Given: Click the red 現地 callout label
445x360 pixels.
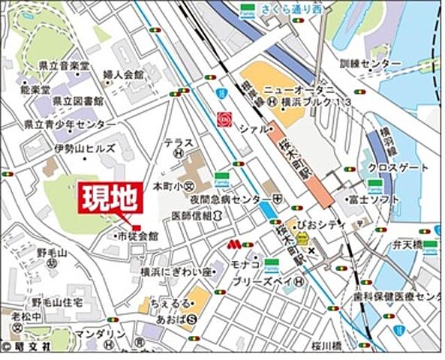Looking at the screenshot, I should click(110, 198).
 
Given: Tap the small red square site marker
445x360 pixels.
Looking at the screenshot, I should click(136, 227).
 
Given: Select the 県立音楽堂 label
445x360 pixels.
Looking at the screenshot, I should click(64, 66).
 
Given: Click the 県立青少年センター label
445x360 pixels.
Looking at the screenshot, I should click(70, 124).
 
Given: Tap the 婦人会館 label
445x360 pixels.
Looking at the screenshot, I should click(123, 75).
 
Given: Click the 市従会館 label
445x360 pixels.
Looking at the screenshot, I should click(137, 236).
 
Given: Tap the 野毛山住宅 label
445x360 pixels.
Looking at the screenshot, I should click(57, 301).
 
